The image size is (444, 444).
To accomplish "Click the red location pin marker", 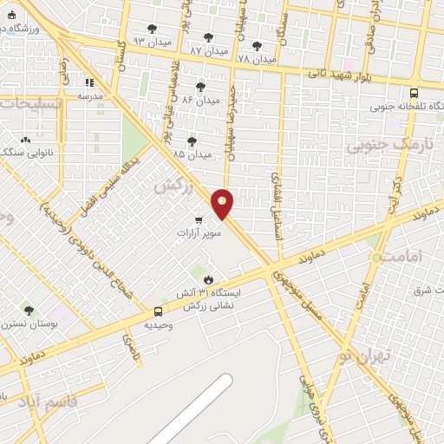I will [x=223, y=203].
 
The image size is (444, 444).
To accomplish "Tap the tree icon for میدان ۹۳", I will [x=153, y=29].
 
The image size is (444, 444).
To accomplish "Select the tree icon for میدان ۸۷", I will [x=207, y=37].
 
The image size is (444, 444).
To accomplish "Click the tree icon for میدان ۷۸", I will [x=256, y=45].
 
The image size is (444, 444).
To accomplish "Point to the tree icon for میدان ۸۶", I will [x=200, y=87].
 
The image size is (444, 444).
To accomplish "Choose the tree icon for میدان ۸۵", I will [x=191, y=141].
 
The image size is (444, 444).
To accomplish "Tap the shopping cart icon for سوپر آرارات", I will [x=199, y=219].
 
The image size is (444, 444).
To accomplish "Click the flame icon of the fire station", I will [x=208, y=278].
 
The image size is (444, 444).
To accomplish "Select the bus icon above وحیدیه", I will [x=157, y=311].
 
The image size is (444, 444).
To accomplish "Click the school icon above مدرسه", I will [x=89, y=83].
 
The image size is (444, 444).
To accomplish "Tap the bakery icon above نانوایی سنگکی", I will [x=25, y=140].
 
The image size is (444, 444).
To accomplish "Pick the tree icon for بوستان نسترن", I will [x=29, y=310].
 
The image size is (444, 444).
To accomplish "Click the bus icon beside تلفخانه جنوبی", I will [x=413, y=93].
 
